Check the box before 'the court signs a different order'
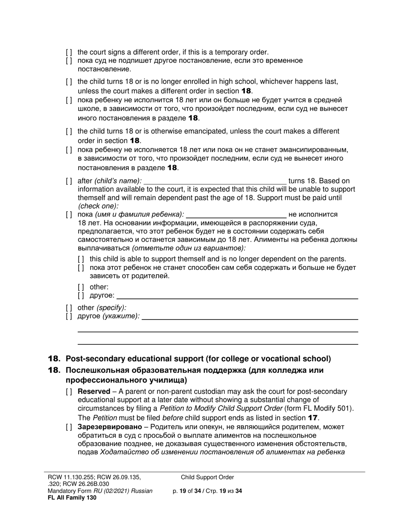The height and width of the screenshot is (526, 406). pos(69,52)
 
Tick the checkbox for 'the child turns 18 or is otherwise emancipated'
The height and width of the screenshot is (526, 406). pos(69,131)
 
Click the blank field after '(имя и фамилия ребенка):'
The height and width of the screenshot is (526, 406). pos(236,214)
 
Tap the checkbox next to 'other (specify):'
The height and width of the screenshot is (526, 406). pos(69,307)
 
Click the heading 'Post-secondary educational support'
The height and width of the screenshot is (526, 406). pos(198,359)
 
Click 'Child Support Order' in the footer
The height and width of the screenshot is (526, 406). pos(207,477)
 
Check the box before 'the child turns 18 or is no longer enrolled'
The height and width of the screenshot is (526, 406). pos(69,82)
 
